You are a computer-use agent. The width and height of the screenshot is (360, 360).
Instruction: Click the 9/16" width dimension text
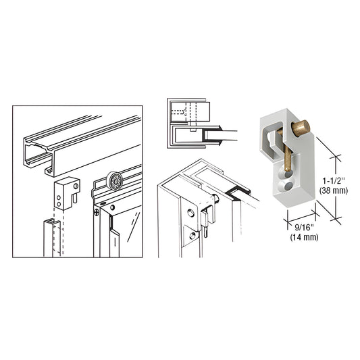[x=286, y=230]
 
